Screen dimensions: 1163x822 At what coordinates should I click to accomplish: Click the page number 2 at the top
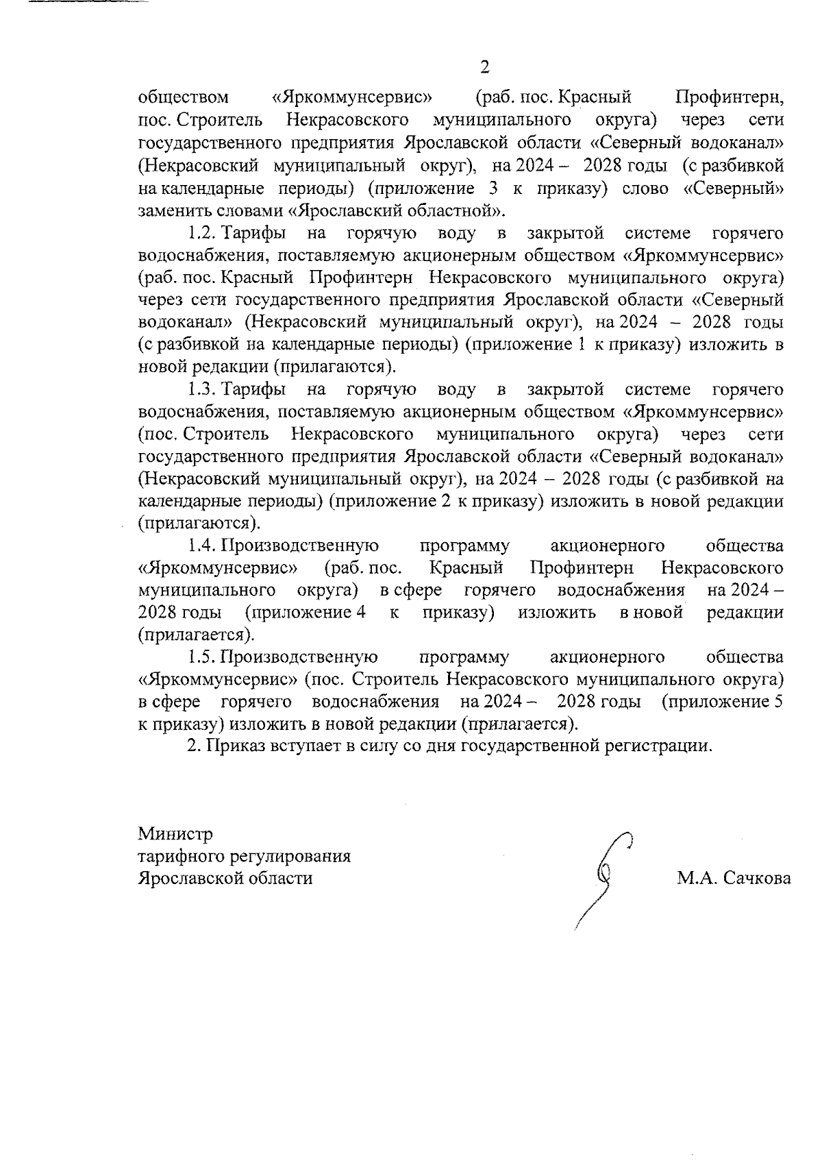point(484,67)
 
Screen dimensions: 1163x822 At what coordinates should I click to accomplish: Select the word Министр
point(175,834)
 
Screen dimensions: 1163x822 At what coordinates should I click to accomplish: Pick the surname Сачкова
point(754,879)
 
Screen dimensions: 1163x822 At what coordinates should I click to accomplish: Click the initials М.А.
point(693,879)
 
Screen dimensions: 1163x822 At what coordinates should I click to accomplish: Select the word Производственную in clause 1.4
point(299,546)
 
